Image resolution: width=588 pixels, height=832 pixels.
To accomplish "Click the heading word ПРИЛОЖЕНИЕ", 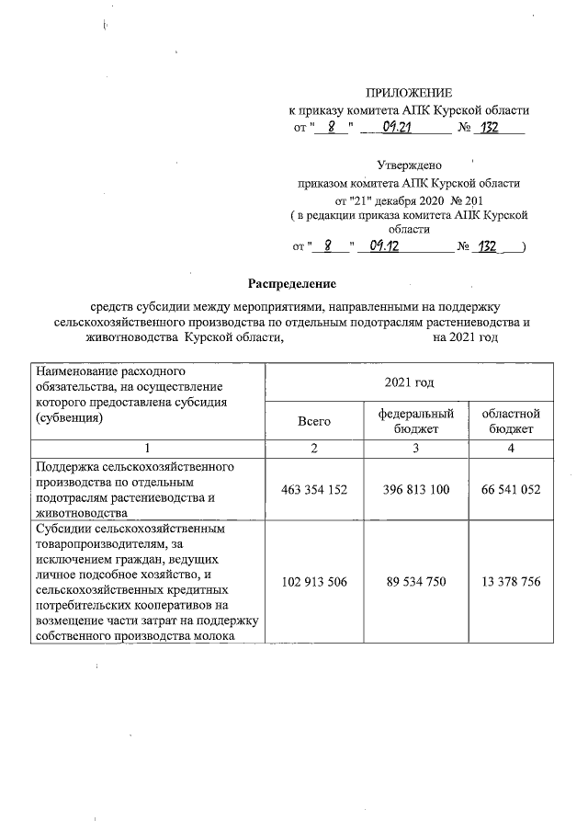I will tap(410, 93).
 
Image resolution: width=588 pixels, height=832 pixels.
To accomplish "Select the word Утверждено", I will tap(409, 165).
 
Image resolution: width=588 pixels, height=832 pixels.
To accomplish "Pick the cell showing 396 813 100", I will tap(416, 490).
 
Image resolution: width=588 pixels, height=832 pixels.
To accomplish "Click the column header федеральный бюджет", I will tap(416, 421).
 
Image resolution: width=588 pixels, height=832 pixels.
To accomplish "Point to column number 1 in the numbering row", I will tap(146, 448).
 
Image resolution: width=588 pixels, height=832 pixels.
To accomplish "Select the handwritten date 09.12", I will tap(390, 246).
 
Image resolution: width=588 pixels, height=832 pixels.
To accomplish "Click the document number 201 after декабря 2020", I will tap(468, 199).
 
